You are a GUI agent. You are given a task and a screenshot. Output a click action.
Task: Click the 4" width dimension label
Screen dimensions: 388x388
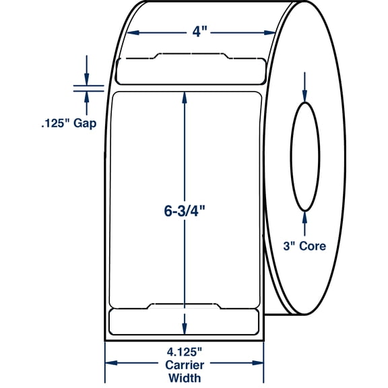click(199, 32)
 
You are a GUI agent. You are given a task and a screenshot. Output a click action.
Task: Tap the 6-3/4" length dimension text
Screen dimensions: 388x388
click(185, 211)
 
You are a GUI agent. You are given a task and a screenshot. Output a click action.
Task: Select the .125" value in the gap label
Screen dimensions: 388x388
click(55, 123)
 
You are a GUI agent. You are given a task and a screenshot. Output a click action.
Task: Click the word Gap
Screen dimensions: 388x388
click(85, 123)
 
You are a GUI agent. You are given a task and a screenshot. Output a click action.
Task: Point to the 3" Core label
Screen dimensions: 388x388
click(304, 246)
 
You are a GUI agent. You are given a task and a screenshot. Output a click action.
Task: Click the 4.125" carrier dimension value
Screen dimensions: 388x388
click(185, 352)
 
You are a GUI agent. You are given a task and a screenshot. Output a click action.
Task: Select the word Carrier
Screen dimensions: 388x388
click(185, 365)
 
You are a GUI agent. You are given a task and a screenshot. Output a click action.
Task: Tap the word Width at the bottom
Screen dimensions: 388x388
click(185, 378)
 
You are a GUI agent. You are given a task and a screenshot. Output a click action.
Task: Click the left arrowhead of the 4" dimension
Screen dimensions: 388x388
click(133, 32)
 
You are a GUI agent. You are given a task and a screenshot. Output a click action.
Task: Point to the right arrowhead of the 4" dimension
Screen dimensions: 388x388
click(269, 32)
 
